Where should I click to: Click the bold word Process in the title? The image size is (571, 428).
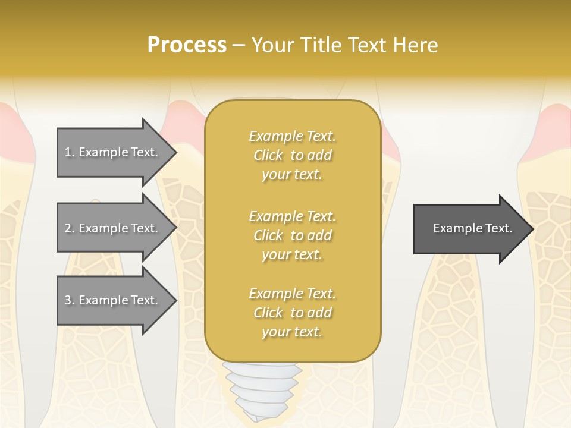[x=187, y=45]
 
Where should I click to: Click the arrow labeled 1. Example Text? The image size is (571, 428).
[x=116, y=152]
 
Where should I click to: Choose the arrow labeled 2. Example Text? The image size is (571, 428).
[x=116, y=228]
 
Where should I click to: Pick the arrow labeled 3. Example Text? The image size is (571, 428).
[x=116, y=300]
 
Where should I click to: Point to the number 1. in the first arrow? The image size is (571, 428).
[x=70, y=152]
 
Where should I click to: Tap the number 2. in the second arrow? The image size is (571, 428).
[x=70, y=228]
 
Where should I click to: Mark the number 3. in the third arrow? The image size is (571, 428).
[x=70, y=300]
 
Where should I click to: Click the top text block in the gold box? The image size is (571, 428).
[x=292, y=155]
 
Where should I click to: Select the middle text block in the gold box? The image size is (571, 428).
[x=292, y=235]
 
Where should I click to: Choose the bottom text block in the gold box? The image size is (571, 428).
[x=292, y=313]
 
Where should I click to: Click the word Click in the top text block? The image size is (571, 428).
[x=268, y=155]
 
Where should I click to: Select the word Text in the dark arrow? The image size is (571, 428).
[x=498, y=228]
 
